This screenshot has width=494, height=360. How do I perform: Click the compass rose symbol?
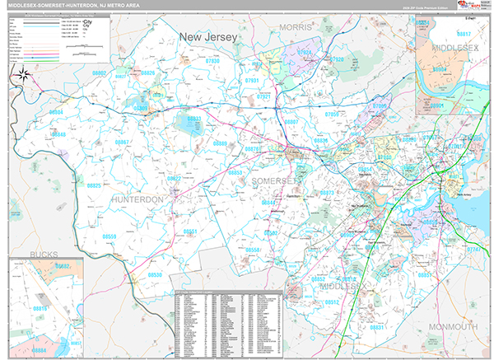point(22,77)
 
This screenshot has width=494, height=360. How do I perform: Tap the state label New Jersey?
point(208,37)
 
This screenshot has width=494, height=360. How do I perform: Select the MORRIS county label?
point(296,28)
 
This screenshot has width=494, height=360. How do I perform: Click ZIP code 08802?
point(100,73)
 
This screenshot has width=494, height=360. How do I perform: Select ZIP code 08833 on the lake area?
point(193,119)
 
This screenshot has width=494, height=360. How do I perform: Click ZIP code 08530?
point(155,274)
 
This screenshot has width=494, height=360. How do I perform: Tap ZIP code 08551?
point(190,231)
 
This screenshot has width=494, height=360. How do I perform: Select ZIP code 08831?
point(377,327)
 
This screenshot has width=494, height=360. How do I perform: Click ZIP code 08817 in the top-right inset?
point(464,34)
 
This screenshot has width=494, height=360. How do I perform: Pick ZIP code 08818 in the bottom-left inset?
point(40,307)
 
